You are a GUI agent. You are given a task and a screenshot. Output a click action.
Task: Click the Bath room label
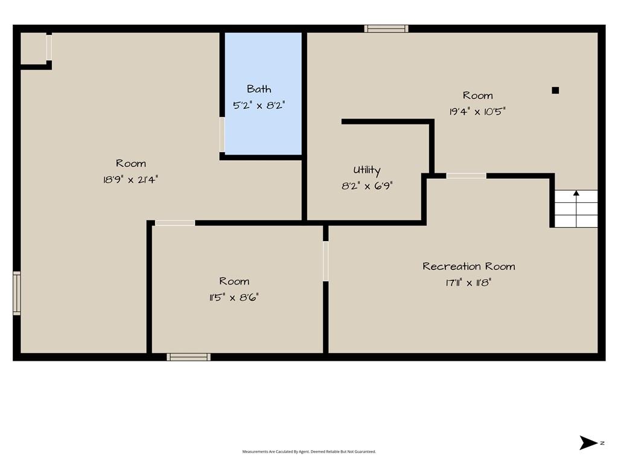pyautogui.click(x=259, y=89)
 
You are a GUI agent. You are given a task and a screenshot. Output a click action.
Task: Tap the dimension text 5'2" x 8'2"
pyautogui.click(x=259, y=105)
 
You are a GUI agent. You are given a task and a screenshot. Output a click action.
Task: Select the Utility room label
pyautogui.click(x=366, y=170)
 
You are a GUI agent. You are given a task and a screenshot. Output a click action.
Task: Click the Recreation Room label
pyautogui.click(x=468, y=266)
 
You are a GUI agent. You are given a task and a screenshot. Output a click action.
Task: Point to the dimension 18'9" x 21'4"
pyautogui.click(x=130, y=179)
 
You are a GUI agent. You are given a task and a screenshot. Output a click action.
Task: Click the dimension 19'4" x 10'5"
pyautogui.click(x=477, y=112)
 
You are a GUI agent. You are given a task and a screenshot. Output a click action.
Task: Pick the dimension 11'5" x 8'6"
pyautogui.click(x=234, y=297)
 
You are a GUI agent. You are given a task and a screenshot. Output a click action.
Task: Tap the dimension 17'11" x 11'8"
pyautogui.click(x=468, y=283)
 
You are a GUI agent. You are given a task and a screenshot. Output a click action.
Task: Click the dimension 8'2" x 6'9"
pyautogui.click(x=367, y=186)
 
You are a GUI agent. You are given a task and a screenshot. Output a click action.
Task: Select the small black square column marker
pyautogui.click(x=555, y=91)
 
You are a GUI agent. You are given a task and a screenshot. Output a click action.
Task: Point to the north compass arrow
pyautogui.click(x=588, y=443)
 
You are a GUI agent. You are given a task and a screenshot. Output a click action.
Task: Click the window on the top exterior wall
pyautogui.click(x=386, y=29)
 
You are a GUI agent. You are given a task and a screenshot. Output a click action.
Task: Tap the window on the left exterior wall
pyautogui.click(x=16, y=293)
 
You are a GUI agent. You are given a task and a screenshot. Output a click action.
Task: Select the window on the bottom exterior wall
pyautogui.click(x=188, y=357)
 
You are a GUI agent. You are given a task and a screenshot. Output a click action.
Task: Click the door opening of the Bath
pyautogui.click(x=222, y=135)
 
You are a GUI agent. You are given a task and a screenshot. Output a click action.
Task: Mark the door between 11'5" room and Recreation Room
pyautogui.click(x=325, y=261)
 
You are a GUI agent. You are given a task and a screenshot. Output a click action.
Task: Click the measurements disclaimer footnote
pyautogui.click(x=309, y=451)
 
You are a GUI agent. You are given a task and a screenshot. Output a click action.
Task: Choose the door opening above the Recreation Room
pyautogui.click(x=467, y=176)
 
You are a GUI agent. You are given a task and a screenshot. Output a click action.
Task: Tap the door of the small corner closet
pyautogui.click(x=49, y=47)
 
